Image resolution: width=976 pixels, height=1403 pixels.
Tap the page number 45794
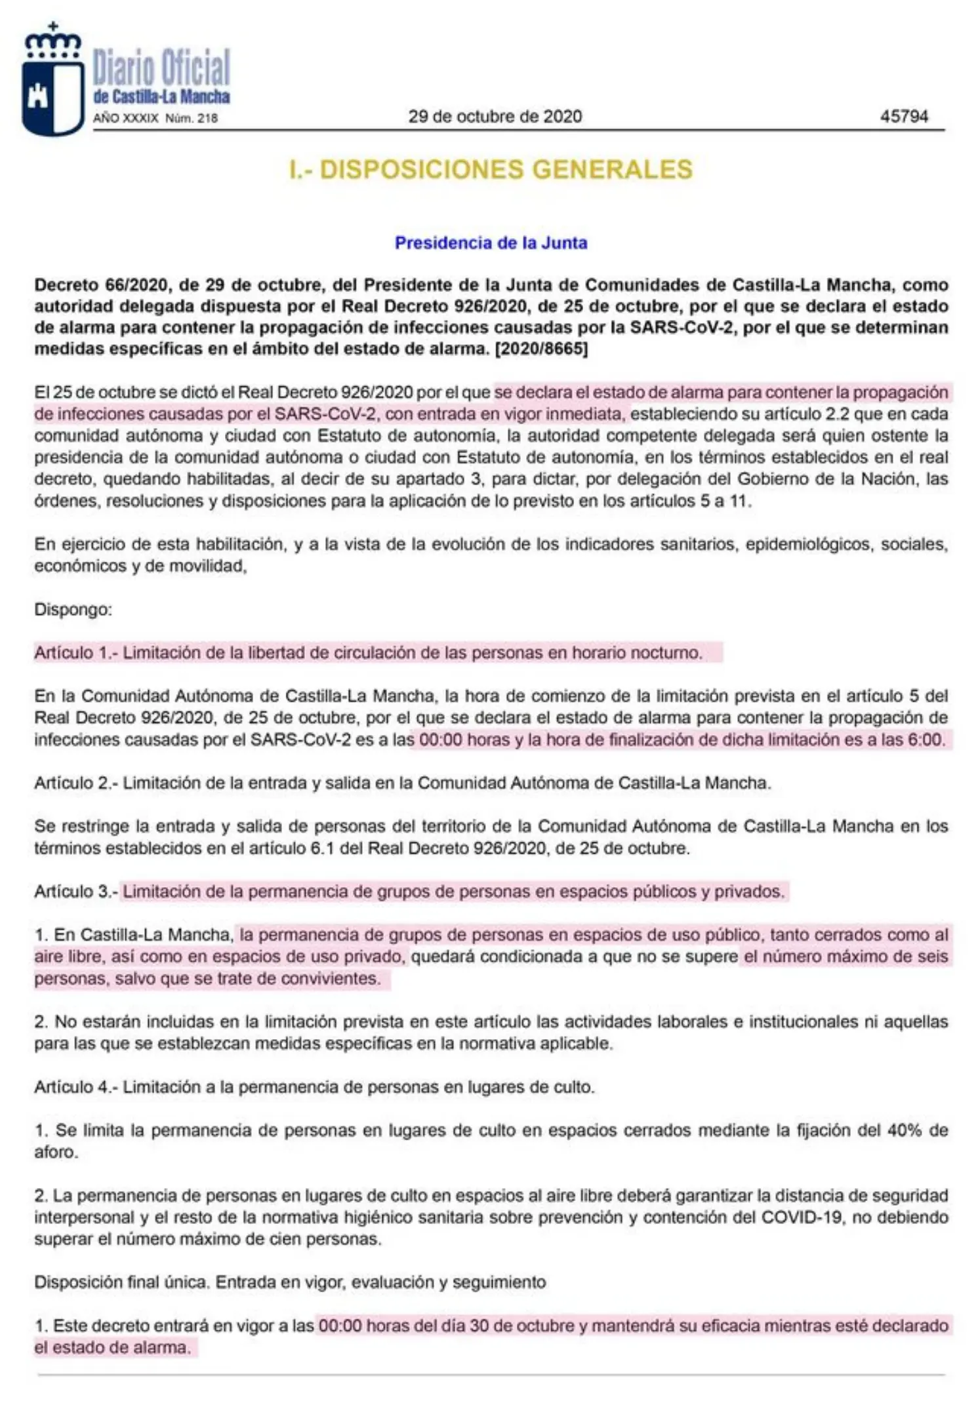pyautogui.click(x=903, y=117)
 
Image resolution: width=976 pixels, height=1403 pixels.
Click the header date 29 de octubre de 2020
pyautogui.click(x=495, y=117)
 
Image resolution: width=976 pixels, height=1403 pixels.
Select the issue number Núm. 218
pyautogui.click(x=192, y=119)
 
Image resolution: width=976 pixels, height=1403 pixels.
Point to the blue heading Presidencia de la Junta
pyautogui.click(x=491, y=243)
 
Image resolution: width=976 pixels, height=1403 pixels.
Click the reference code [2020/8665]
pyautogui.click(x=542, y=349)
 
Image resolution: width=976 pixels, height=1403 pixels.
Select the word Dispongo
pyautogui.click(x=73, y=610)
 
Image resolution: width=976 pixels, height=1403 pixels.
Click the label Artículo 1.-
pyautogui.click(x=75, y=653)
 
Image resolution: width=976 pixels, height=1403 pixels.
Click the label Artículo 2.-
pyautogui.click(x=75, y=783)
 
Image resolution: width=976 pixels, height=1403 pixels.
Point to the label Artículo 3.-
pyautogui.click(x=75, y=892)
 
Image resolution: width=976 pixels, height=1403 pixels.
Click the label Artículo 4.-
pyautogui.click(x=75, y=1087)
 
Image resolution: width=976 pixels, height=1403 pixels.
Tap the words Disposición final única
pyautogui.click(x=121, y=1282)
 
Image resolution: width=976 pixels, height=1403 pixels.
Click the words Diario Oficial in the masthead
pyautogui.click(x=161, y=67)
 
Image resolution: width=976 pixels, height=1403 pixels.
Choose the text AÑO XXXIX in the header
pyautogui.click(x=125, y=119)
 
